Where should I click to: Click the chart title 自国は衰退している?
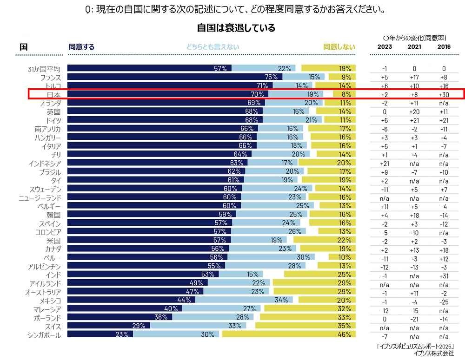point(236,28)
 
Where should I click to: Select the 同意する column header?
point(81,47)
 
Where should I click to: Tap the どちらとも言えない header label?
point(213,47)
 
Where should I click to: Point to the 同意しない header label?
point(339,47)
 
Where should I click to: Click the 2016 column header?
point(444,47)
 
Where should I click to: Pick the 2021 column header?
point(414,47)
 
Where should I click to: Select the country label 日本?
point(53,94)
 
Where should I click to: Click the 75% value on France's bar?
point(271,77)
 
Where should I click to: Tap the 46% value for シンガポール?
point(345,334)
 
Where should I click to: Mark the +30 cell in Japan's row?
point(444,94)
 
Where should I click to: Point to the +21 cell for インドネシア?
point(385,163)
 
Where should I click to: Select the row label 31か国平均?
point(44,69)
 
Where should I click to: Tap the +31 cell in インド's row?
point(444,275)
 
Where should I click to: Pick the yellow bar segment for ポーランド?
point(307,317)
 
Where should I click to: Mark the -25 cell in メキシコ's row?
point(444,300)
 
